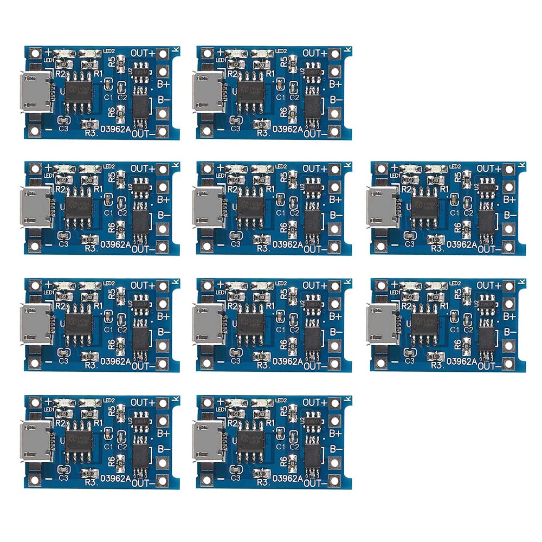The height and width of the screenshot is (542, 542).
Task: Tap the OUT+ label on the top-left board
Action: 142,53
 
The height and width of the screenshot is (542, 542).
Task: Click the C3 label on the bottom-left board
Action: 63,478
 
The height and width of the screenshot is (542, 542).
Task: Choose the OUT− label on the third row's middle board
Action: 315,366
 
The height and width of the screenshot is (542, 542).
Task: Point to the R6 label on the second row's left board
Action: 112,228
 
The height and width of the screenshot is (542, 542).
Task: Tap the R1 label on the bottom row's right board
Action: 270,422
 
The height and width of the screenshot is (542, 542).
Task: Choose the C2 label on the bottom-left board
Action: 122,446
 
